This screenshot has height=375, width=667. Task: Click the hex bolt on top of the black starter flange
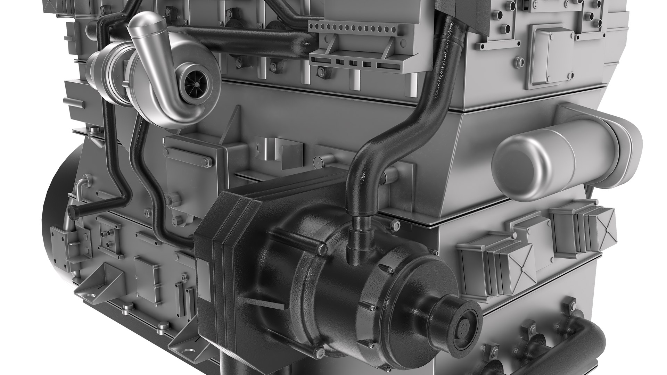322,249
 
